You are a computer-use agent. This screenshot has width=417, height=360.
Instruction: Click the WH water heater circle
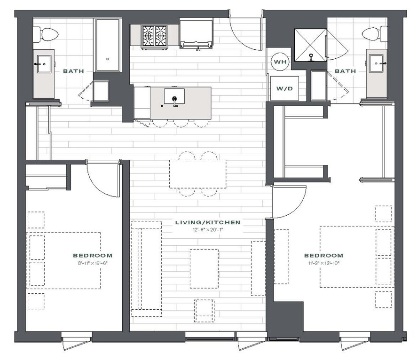(x=280, y=62)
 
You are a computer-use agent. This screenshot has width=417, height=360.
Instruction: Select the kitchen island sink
(x=174, y=96)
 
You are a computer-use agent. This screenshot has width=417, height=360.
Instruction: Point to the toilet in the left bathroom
(x=48, y=34)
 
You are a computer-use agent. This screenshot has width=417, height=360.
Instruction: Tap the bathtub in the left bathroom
(x=108, y=45)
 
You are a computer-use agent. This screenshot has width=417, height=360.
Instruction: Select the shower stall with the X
(x=310, y=45)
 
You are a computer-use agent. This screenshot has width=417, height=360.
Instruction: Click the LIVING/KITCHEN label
(x=208, y=222)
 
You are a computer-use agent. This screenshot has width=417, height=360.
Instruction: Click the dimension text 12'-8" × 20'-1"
(x=208, y=229)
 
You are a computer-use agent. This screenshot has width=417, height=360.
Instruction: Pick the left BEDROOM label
(x=93, y=255)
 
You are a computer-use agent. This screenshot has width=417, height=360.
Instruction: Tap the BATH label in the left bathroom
(x=73, y=71)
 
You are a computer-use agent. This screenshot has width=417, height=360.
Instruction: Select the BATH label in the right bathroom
(x=345, y=71)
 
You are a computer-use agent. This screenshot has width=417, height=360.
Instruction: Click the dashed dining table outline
(x=197, y=174)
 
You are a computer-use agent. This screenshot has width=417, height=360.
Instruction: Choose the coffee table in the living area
(x=204, y=268)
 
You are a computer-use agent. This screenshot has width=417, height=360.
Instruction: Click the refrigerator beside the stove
(x=196, y=33)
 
